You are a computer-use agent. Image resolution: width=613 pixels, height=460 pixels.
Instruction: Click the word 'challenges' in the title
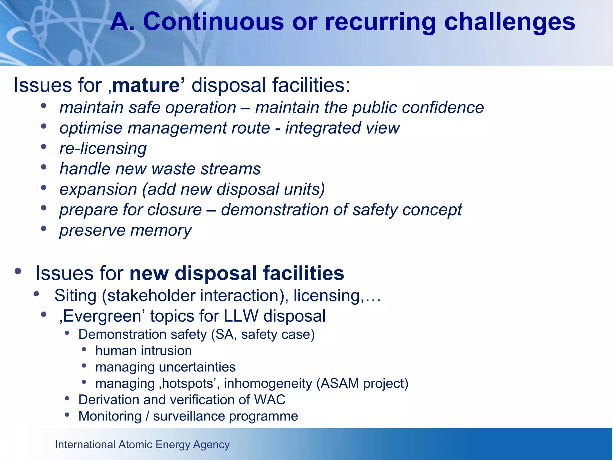509,22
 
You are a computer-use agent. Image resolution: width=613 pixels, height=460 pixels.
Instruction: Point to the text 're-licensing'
103,149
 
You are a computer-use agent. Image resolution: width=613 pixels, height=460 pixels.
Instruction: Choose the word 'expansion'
98,190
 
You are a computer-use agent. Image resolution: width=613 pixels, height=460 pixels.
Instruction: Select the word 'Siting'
75,296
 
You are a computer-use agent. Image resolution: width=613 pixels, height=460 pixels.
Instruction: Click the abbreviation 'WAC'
269,400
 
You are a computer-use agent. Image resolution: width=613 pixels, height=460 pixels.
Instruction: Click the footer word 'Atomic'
136,445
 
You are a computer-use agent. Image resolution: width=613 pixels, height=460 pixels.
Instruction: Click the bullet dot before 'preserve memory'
44,229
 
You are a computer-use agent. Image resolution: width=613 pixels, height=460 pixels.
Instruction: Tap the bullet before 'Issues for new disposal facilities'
18,271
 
